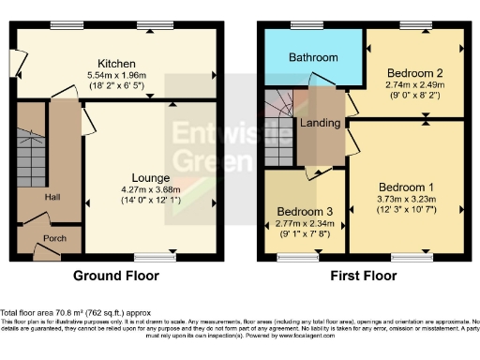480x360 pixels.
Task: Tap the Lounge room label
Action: pyautogui.click(x=150, y=177)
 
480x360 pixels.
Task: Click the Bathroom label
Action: pyautogui.click(x=312, y=58)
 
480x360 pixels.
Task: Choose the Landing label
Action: pyautogui.click(x=320, y=123)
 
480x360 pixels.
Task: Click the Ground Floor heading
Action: pyautogui.click(x=115, y=277)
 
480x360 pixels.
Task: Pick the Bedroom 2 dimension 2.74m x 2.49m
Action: pyautogui.click(x=412, y=83)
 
